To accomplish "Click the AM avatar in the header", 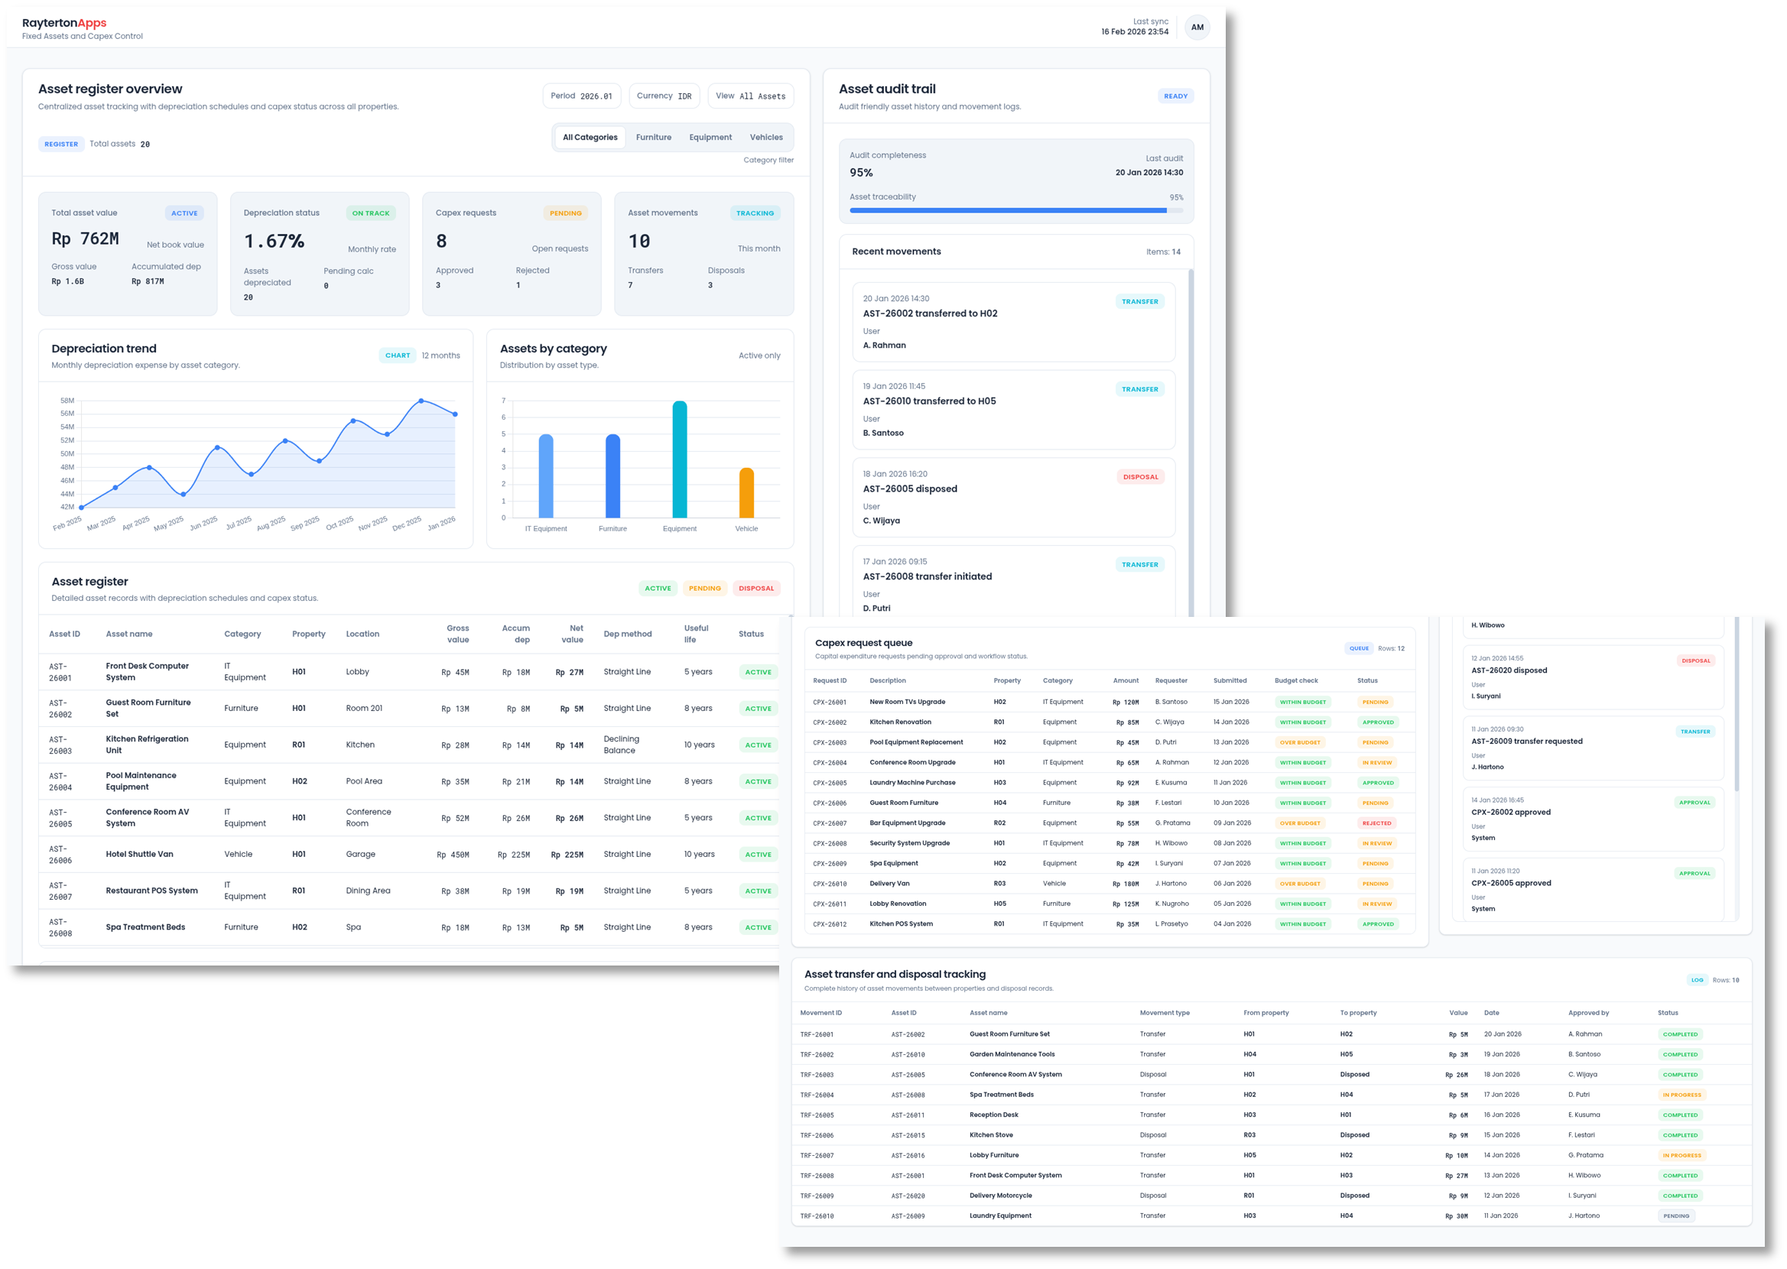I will pyautogui.click(x=1196, y=28).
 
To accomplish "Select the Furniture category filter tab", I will pyautogui.click(x=653, y=138).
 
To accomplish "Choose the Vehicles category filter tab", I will pyautogui.click(x=765, y=138).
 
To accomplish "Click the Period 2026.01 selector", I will pyautogui.click(x=581, y=96).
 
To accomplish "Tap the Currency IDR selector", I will pyautogui.click(x=664, y=96).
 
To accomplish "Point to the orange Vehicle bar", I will pyautogui.click(x=746, y=493).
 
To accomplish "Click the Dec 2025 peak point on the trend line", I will pyautogui.click(x=421, y=401).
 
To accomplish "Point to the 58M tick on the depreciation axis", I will pyautogui.click(x=67, y=401).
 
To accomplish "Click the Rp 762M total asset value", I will pyautogui.click(x=85, y=239).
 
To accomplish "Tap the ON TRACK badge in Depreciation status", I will pyautogui.click(x=370, y=213).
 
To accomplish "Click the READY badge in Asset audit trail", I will pyautogui.click(x=1175, y=96).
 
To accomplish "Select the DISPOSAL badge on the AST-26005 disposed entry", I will pyautogui.click(x=1140, y=477).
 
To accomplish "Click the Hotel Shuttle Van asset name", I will pyautogui.click(x=140, y=854).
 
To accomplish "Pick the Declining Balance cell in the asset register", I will pyautogui.click(x=621, y=745).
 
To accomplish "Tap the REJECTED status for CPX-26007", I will pyautogui.click(x=1376, y=823).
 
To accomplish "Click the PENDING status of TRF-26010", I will pyautogui.click(x=1676, y=1215).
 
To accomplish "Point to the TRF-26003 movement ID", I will pyautogui.click(x=817, y=1074).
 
